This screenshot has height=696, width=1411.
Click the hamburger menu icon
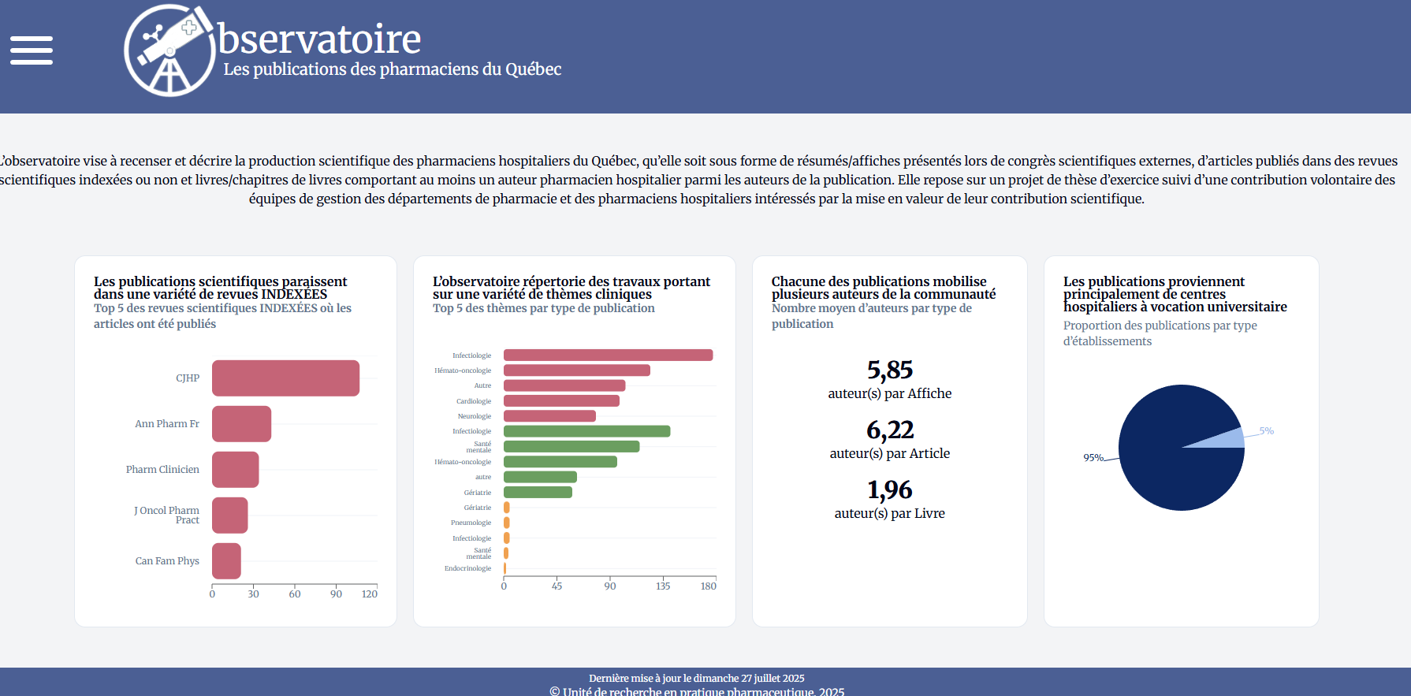tap(32, 50)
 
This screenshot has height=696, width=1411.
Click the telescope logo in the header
tap(169, 51)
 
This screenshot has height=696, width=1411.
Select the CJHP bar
tap(285, 378)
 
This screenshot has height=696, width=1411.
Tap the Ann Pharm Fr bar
tap(241, 424)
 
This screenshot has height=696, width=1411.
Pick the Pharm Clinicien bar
tap(235, 470)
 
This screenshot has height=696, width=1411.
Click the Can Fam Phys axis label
tap(167, 561)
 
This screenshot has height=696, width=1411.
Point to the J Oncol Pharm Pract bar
tap(229, 515)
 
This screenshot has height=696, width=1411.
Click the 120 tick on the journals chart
tap(370, 594)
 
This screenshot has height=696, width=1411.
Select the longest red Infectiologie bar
tap(608, 355)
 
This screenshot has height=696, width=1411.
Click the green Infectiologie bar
tap(586, 431)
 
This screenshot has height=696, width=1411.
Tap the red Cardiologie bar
tap(561, 401)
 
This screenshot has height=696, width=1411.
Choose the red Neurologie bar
tap(549, 416)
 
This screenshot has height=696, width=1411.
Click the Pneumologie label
tap(471, 523)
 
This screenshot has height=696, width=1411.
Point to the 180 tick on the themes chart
tap(709, 586)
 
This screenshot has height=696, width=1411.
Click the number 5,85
tap(890, 370)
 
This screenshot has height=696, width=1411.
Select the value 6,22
tap(890, 430)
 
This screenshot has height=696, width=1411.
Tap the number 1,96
tap(890, 489)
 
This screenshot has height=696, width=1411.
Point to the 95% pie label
tap(1093, 458)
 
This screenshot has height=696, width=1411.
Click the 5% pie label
tap(1266, 431)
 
